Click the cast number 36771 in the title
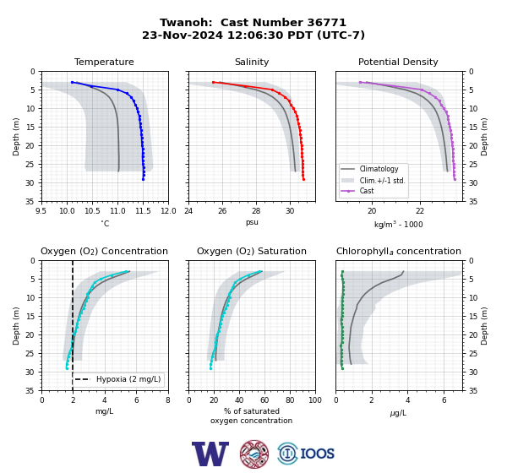click(326, 23)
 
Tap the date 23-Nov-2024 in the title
click(183, 35)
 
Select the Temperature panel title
click(104, 62)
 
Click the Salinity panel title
click(252, 62)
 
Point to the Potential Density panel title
click(398, 62)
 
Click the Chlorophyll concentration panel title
click(398, 251)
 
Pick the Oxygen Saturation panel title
click(252, 251)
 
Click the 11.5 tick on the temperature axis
click(143, 211)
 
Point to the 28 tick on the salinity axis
click(256, 211)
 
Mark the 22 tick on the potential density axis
click(420, 211)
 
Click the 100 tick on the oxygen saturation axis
click(315, 400)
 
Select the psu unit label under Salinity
click(252, 222)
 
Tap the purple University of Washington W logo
click(210, 454)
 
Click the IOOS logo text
click(317, 454)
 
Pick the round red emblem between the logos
click(254, 454)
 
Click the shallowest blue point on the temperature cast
click(73, 83)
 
